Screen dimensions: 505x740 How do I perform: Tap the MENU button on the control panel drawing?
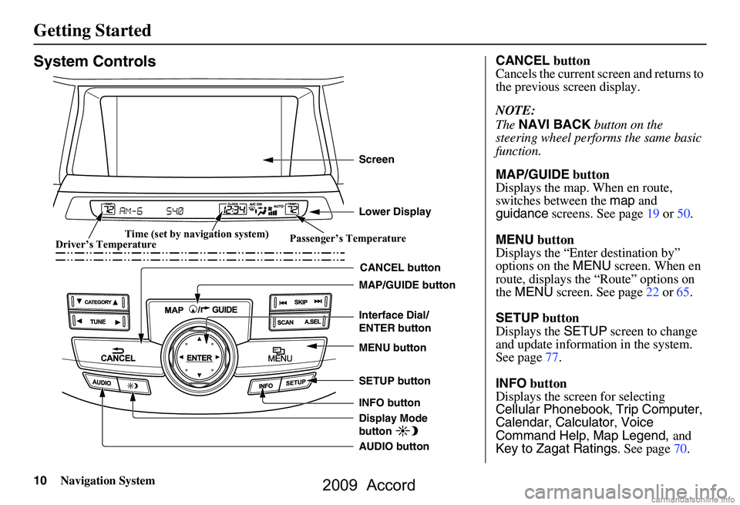point(282,355)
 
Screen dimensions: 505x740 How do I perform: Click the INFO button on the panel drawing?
point(266,385)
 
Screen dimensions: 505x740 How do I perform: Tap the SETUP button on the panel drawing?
point(296,382)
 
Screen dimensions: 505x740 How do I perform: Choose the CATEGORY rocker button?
point(97,301)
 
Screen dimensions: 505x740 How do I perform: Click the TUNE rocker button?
point(97,321)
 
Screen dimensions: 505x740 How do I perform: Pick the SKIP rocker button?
point(301,301)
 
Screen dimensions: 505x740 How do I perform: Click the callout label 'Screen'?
point(376,160)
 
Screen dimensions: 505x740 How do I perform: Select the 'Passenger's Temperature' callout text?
point(348,239)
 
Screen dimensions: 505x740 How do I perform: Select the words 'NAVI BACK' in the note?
point(554,124)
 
